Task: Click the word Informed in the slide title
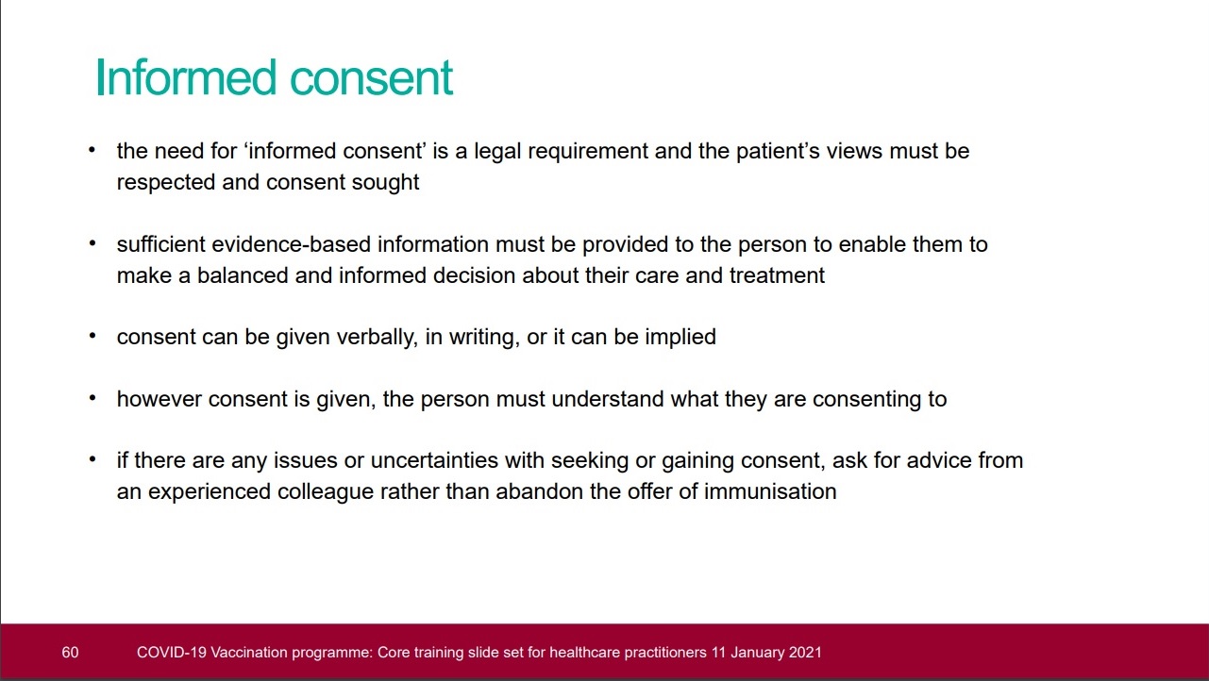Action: coord(186,77)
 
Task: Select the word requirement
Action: coord(588,153)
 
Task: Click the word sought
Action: coord(385,183)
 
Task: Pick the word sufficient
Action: coord(160,244)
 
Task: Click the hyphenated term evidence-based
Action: coord(291,244)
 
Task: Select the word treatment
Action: coord(778,275)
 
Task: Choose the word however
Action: coord(160,400)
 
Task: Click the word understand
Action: coord(608,400)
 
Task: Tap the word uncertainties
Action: coord(434,461)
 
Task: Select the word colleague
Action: coord(326,492)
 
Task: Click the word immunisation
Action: coord(770,491)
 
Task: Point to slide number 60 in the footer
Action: coord(70,653)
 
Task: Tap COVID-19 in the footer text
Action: coord(171,653)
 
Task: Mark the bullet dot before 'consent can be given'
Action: coord(92,336)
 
